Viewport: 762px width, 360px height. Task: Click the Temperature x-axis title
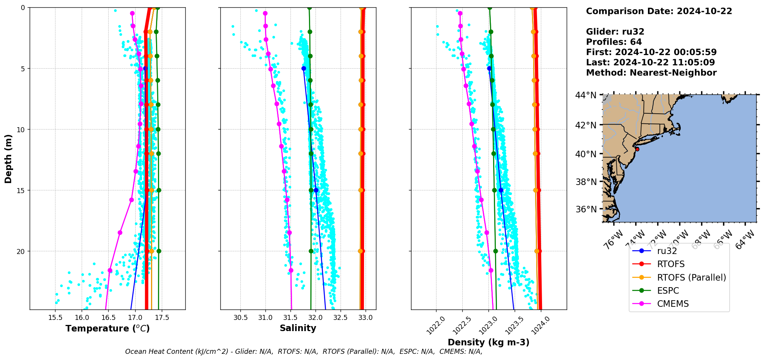click(107, 328)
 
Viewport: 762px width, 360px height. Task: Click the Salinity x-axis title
click(298, 328)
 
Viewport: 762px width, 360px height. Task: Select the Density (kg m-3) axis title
click(488, 342)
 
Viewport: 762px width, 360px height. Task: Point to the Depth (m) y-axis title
click(8, 158)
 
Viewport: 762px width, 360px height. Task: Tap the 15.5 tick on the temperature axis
click(55, 318)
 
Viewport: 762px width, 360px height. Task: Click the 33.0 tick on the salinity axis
click(365, 318)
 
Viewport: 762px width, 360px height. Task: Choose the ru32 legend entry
click(667, 251)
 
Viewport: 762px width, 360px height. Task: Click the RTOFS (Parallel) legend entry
click(691, 278)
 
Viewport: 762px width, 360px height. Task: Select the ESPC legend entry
click(668, 291)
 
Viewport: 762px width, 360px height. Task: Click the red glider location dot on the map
click(637, 149)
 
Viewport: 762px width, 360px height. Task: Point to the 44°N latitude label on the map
click(586, 95)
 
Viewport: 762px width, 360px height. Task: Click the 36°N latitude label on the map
click(586, 209)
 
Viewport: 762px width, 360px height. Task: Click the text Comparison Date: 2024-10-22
click(659, 11)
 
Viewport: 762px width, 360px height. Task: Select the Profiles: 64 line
click(614, 42)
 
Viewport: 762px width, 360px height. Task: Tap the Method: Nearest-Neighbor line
click(651, 73)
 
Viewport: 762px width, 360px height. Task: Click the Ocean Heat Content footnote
click(304, 352)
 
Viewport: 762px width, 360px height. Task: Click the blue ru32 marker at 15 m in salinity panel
click(316, 190)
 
